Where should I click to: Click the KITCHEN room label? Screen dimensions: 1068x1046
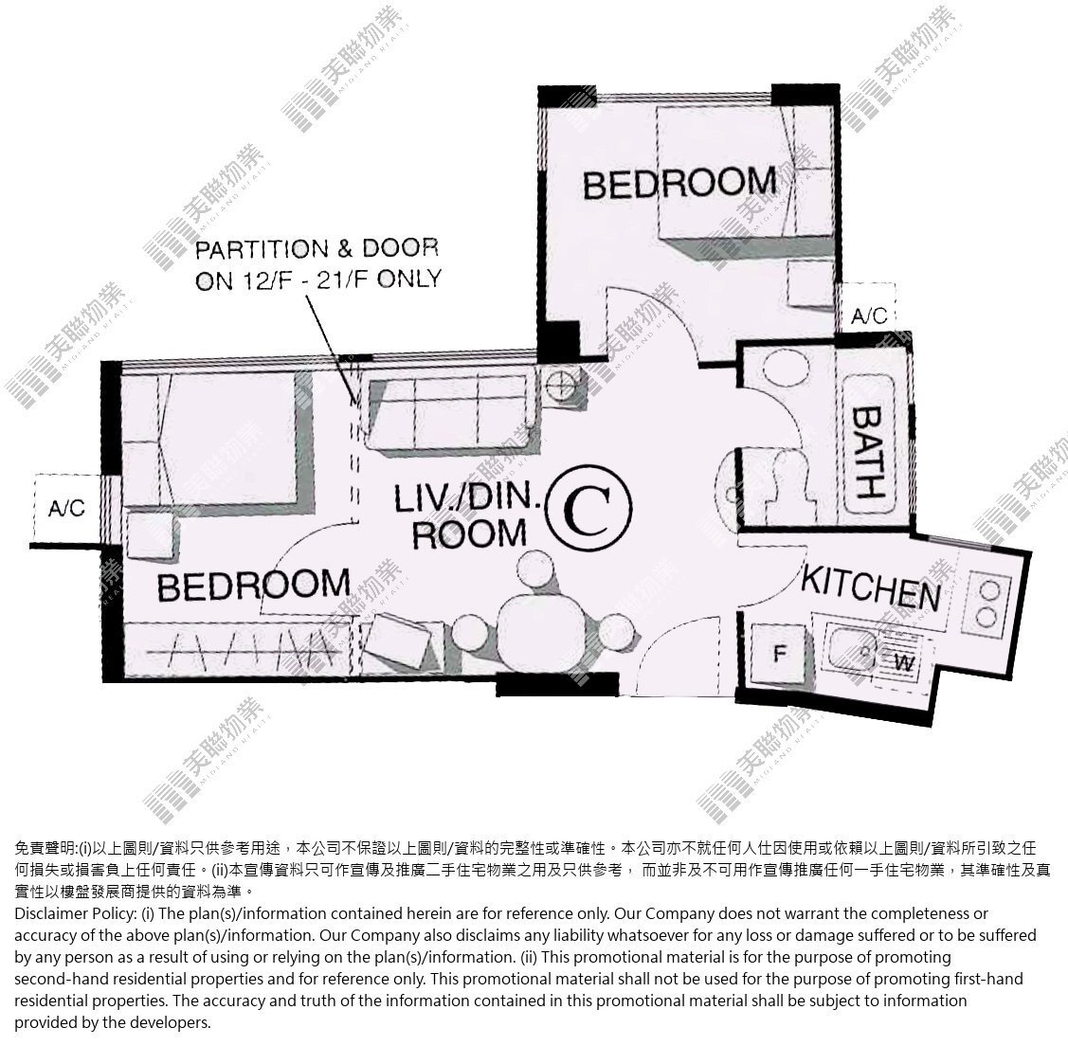coord(871,587)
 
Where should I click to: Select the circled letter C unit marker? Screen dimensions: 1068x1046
coord(589,508)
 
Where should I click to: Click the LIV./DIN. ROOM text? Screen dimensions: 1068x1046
coord(468,515)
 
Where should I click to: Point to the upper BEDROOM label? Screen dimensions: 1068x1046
coord(679,183)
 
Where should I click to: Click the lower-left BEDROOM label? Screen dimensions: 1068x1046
coord(253,586)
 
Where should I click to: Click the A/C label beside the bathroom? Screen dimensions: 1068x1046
coord(869,316)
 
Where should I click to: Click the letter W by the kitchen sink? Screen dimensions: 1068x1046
coord(903,662)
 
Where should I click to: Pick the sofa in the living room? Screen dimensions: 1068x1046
coord(447,413)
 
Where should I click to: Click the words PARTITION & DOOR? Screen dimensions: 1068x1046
coord(317,248)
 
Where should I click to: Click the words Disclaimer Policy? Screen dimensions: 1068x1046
coord(74,913)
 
